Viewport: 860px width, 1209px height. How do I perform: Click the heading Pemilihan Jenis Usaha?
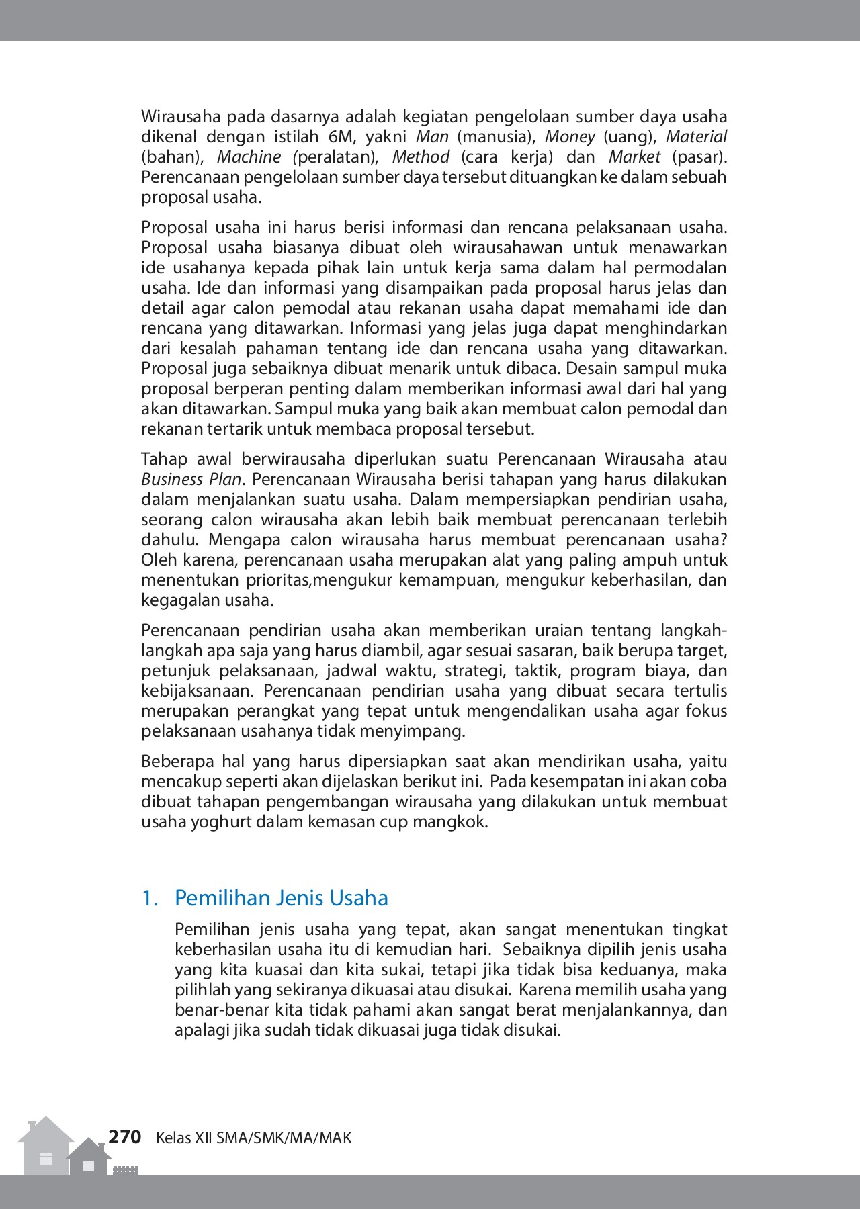coord(281,898)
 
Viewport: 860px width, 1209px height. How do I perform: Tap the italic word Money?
coord(570,137)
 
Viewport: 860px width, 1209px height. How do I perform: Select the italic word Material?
coord(696,137)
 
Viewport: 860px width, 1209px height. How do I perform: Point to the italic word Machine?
coord(249,157)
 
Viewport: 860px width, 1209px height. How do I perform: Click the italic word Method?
coord(421,157)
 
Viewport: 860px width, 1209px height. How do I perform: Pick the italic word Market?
coord(634,157)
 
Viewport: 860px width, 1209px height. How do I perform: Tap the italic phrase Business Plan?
coord(191,480)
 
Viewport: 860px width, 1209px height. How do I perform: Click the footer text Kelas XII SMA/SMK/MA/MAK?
coord(253,1138)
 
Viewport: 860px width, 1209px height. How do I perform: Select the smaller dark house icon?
coord(89,1158)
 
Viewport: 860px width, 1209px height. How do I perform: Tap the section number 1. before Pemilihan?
coord(149,898)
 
